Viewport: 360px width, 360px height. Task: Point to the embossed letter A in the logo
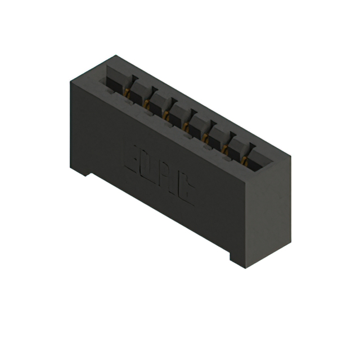(168, 179)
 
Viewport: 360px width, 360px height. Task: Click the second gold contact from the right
(227, 148)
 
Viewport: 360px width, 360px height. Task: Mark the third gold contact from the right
(208, 138)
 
